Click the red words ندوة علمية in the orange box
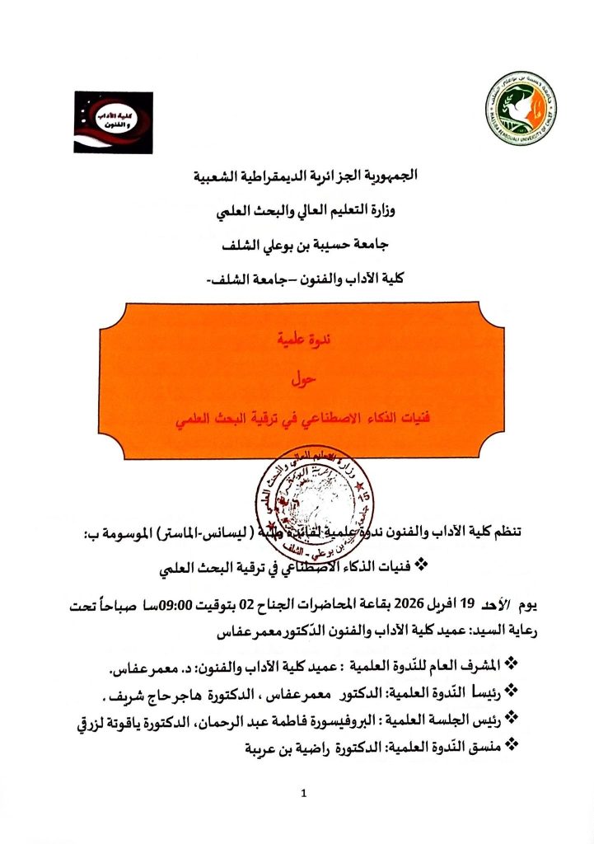coord(297,337)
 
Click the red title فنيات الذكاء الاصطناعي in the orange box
coord(297,422)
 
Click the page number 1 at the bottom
coord(304,794)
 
